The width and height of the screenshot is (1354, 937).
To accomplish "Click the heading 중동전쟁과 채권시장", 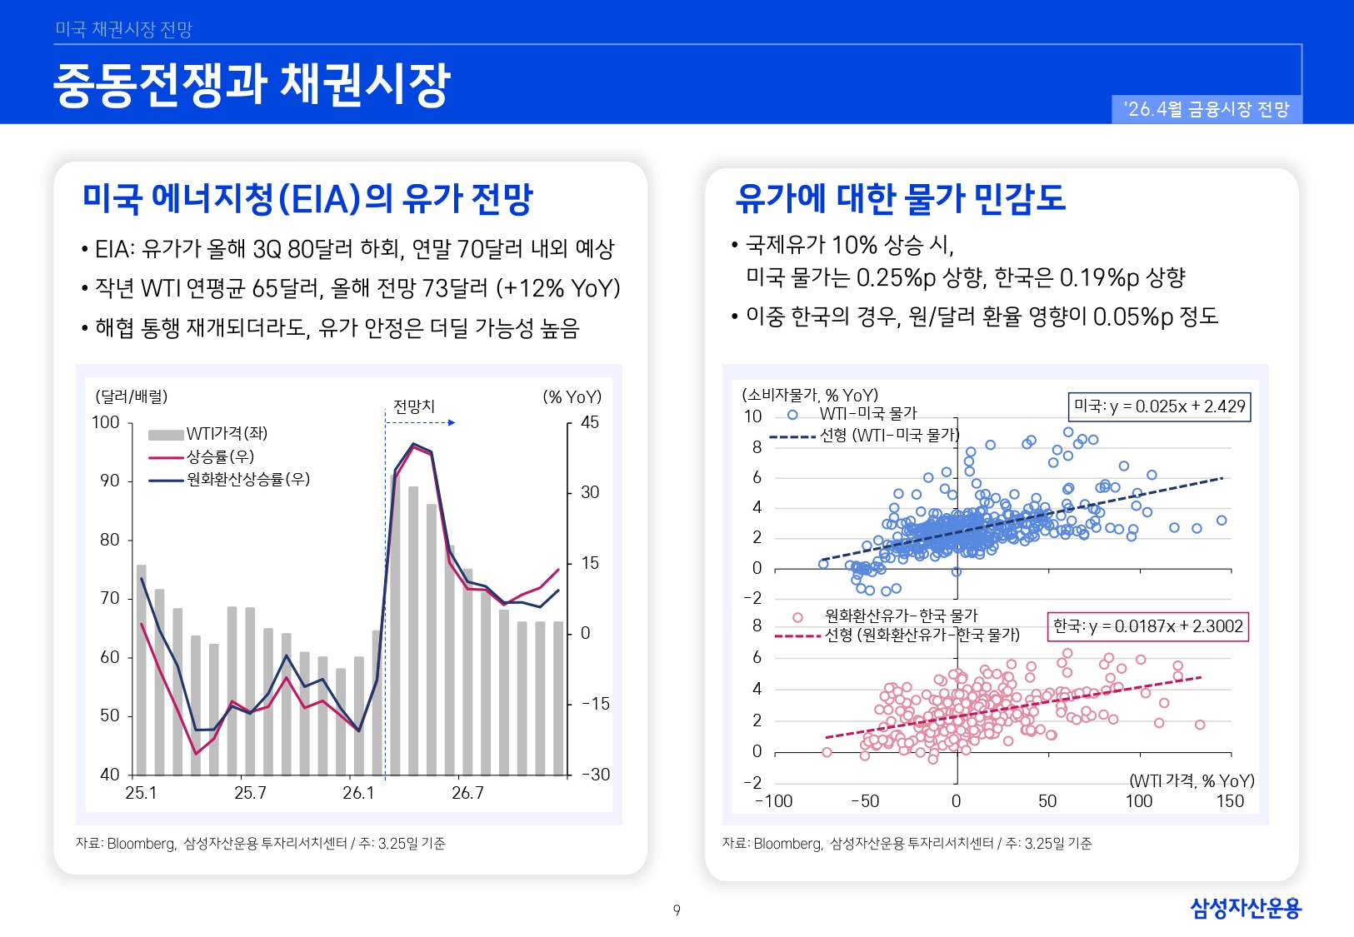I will pyautogui.click(x=252, y=85).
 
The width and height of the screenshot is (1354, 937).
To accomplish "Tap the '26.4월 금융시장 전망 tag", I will pyautogui.click(x=1206, y=109).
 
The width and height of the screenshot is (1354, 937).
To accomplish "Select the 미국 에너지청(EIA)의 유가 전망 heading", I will pyautogui.click(x=307, y=199).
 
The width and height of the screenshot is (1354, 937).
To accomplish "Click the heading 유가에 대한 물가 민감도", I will pyautogui.click(x=900, y=198).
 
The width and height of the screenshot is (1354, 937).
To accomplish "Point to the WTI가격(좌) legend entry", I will pyautogui.click(x=208, y=434).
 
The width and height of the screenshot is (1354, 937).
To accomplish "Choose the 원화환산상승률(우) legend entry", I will pyautogui.click(x=229, y=480).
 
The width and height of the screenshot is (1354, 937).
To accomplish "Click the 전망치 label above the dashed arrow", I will pyautogui.click(x=414, y=406).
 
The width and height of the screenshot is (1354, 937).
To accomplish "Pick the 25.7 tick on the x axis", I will pyautogui.click(x=250, y=793).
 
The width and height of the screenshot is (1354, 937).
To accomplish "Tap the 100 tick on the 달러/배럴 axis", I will pyautogui.click(x=106, y=422).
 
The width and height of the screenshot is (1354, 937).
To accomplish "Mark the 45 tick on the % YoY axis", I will pyautogui.click(x=590, y=422).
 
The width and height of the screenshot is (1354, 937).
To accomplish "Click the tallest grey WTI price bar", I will pyautogui.click(x=395, y=625).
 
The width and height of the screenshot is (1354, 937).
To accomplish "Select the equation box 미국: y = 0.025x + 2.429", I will pyautogui.click(x=1159, y=406).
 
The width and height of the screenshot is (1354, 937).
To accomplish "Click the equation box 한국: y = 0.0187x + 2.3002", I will pyautogui.click(x=1147, y=626).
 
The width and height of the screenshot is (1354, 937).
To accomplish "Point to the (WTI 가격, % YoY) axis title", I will pyautogui.click(x=1192, y=780).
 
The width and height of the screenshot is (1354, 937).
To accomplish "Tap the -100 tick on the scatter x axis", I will pyautogui.click(x=773, y=801).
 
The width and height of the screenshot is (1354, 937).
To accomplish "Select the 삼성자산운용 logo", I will pyautogui.click(x=1245, y=908).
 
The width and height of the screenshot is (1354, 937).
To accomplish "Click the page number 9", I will pyautogui.click(x=677, y=910).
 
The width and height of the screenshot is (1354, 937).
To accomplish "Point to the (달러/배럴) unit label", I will pyautogui.click(x=132, y=396).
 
